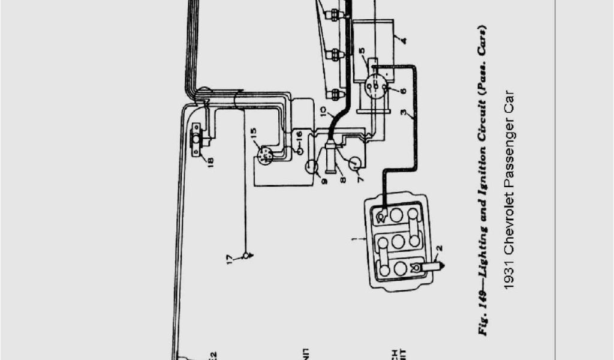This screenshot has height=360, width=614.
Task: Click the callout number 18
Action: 210,161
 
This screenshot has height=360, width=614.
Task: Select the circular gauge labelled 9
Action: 312,166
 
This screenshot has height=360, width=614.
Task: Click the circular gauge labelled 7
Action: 355,163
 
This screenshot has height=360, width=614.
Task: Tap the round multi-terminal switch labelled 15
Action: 264,155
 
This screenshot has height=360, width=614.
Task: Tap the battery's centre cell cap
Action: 397,242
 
